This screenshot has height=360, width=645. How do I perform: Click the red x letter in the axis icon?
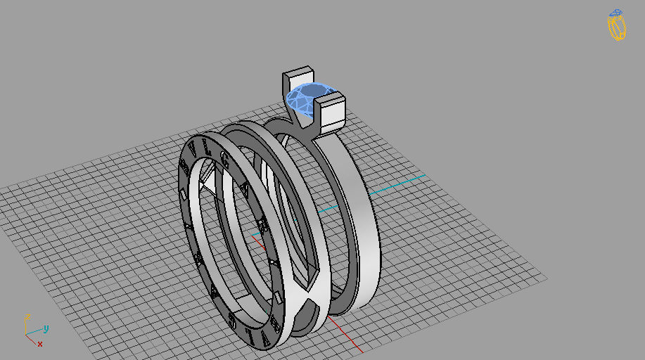pos(40,344)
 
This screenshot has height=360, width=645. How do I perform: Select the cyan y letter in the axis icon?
pos(46,328)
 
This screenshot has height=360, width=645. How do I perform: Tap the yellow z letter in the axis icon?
pos(27,316)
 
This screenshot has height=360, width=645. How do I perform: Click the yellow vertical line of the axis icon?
pos(25,326)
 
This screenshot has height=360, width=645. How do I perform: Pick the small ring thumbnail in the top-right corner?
pos(617,25)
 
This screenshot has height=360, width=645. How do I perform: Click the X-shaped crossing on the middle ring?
pos(309,295)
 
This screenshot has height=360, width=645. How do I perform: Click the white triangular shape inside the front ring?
pos(207,184)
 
